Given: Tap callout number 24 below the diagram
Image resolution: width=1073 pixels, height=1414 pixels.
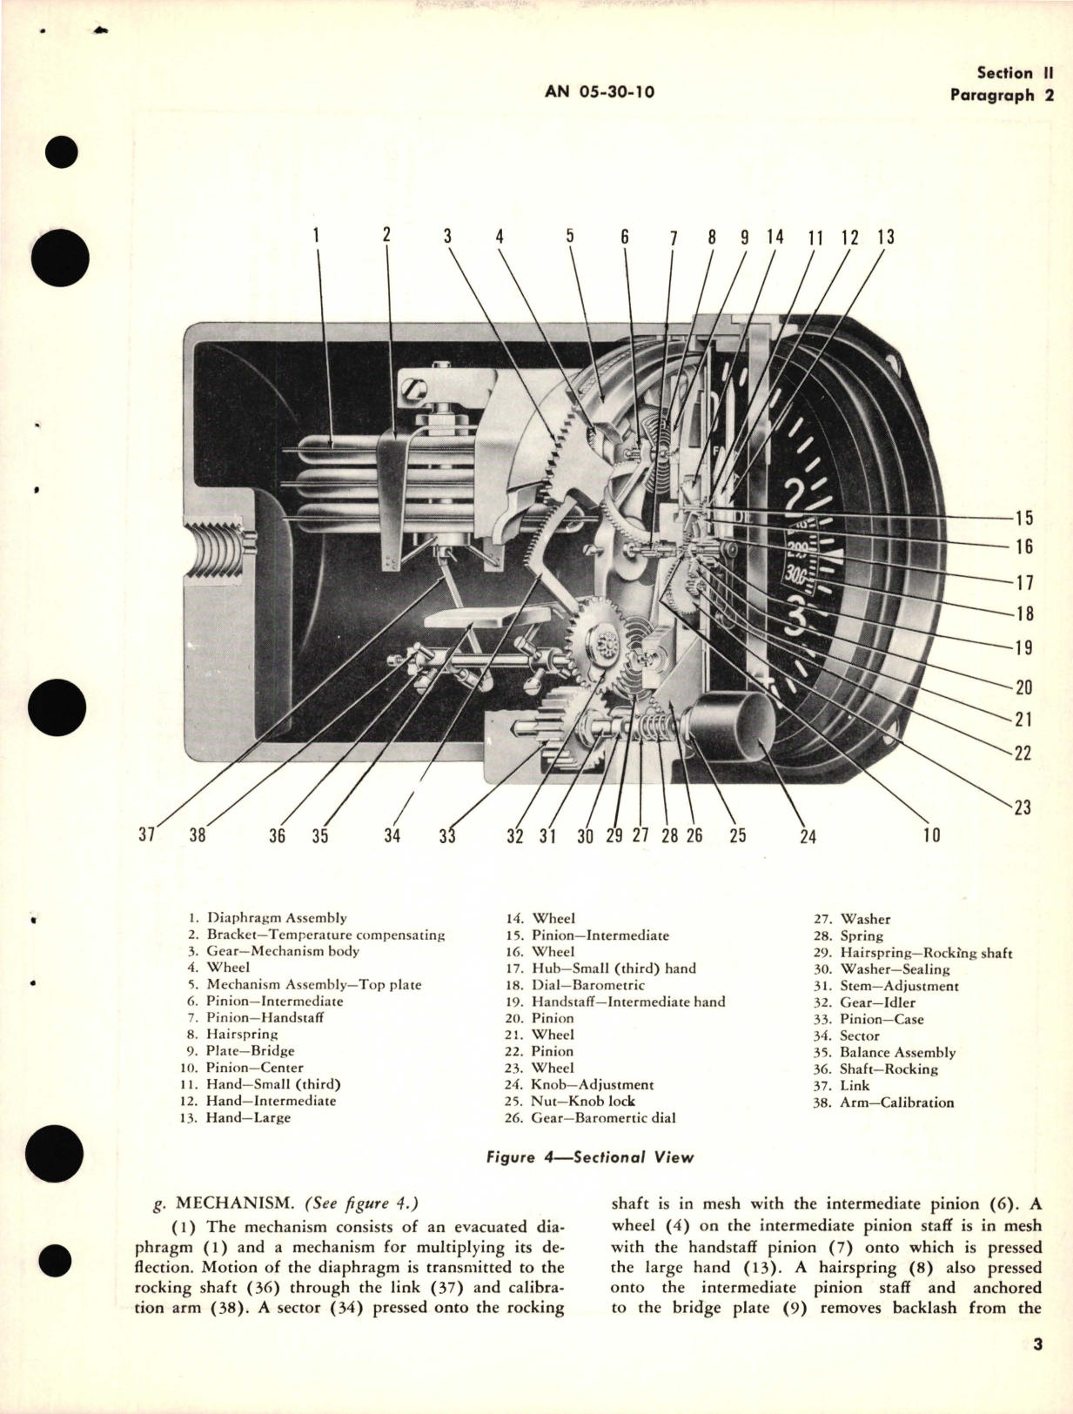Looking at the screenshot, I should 808,836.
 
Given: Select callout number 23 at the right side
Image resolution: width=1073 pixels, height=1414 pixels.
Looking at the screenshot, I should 1023,807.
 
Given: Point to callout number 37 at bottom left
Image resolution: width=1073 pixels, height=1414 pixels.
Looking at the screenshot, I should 146,834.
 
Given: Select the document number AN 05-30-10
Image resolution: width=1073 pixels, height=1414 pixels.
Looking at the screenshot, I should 600,92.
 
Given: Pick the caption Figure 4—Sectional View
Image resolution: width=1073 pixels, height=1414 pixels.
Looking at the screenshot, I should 590,1157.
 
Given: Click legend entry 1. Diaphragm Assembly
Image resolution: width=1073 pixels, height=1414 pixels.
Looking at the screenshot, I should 268,917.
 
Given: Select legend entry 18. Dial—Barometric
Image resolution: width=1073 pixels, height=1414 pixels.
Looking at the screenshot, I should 575,985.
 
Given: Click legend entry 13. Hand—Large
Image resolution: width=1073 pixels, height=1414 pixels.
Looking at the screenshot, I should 239,1117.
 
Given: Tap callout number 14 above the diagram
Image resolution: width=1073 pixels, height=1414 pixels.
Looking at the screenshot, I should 775,237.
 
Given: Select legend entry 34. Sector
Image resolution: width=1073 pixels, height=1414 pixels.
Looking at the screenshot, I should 846,1035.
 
